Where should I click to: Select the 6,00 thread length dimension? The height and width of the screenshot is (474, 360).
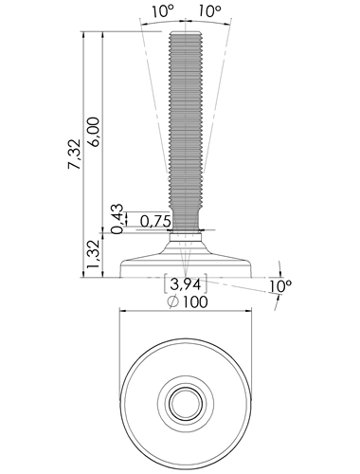pos(94,132)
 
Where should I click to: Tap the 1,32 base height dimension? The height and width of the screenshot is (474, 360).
pos(94,255)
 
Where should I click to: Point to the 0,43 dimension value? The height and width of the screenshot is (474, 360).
pos(117,219)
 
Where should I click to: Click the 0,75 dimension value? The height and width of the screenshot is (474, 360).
pos(155,222)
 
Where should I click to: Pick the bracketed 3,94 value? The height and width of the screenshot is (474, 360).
pos(186,284)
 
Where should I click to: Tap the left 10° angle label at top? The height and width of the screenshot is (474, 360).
pos(163,11)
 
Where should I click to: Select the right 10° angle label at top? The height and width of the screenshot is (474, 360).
pos(209,11)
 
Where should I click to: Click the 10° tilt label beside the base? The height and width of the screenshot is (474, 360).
pos(280,285)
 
